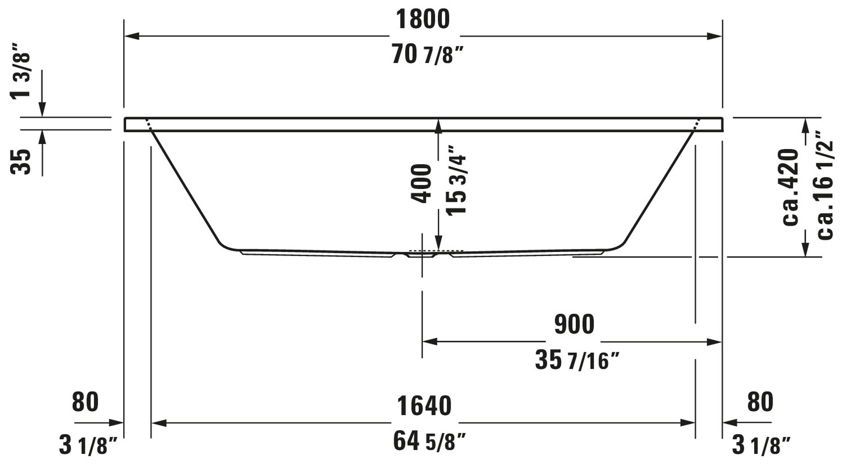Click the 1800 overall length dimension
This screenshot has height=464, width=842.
click(423, 20)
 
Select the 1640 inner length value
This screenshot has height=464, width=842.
click(424, 406)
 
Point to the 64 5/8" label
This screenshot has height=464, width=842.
click(429, 442)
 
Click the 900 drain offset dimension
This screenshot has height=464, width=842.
click(574, 324)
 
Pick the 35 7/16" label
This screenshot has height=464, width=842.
click(577, 360)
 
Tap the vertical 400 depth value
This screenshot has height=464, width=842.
click(421, 183)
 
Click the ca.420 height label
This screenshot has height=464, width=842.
click(790, 186)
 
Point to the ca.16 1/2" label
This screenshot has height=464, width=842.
click(825, 184)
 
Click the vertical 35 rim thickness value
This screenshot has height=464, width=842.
click(21, 161)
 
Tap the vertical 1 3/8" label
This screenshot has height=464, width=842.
click(21, 71)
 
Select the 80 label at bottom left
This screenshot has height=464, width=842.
click(85, 402)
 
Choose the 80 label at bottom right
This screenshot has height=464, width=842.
click(760, 402)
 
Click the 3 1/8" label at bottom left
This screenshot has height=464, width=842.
click(88, 445)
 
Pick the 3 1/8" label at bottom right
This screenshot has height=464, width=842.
click(761, 445)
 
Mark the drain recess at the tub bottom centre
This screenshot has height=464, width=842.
click(422, 254)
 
